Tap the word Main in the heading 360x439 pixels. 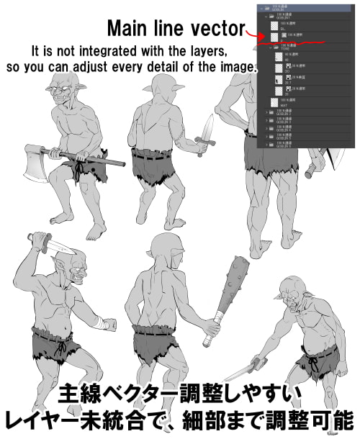(128, 29)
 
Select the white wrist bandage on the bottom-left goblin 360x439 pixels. (100, 322)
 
